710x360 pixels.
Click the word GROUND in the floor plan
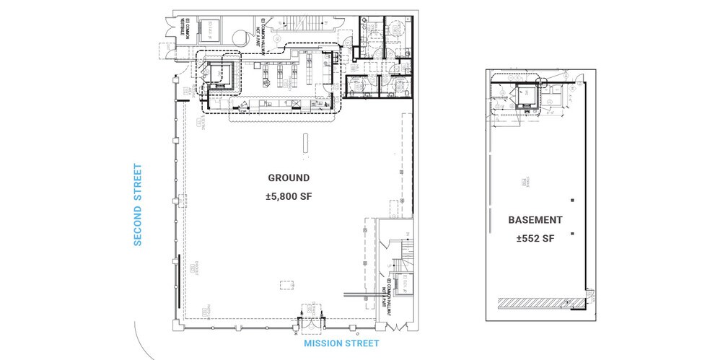point(289,177)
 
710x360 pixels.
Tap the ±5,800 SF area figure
point(289,196)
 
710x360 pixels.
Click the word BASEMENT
point(535,219)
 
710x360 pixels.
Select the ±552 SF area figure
point(535,238)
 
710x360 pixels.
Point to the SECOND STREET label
point(137,205)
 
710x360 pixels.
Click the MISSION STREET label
point(341,343)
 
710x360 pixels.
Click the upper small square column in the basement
point(571,199)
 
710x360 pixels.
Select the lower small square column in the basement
point(571,233)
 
